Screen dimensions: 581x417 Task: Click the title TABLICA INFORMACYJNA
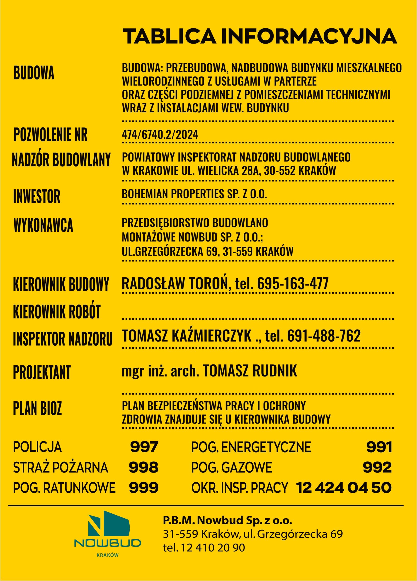[259, 36]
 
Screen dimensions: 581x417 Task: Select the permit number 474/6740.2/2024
[160, 135]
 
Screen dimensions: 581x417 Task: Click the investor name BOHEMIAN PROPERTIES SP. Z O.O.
[194, 194]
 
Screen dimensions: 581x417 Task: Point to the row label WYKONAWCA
[43, 225]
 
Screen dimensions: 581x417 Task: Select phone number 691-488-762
[324, 336]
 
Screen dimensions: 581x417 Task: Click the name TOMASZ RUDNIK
[250, 370]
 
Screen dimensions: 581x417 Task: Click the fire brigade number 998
[143, 467]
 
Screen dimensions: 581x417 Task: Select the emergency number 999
[143, 487]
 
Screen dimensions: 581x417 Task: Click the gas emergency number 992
[377, 467]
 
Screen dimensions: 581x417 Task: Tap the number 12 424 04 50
[344, 487]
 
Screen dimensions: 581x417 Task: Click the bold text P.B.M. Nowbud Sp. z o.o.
[228, 521]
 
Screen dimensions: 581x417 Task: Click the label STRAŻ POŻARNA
[61, 467]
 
